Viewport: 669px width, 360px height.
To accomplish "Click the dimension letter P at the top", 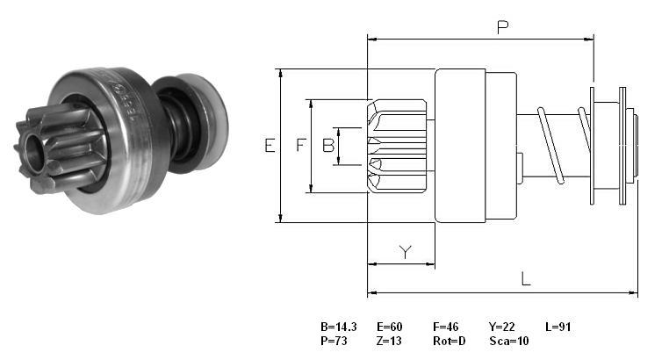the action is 503,27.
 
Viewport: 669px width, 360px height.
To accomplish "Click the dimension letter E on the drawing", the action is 270,146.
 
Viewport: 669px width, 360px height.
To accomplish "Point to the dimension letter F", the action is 301,145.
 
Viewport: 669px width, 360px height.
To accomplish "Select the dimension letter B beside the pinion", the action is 328,146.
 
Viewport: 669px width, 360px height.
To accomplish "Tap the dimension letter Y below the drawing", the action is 406,252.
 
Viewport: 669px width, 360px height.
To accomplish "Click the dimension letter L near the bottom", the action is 526,279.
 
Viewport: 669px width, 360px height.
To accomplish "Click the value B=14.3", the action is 339,328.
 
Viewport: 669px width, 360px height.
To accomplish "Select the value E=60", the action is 390,328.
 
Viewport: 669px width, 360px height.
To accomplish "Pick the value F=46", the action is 446,328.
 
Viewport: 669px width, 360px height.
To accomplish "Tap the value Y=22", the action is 502,328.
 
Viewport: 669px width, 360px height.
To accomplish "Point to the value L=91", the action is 558,328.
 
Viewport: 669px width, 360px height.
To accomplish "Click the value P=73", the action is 334,341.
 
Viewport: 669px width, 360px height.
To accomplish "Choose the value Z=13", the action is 389,341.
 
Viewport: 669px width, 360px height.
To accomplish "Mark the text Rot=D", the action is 450,341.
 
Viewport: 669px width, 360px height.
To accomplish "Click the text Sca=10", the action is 509,341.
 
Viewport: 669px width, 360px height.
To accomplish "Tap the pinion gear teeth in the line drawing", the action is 397,146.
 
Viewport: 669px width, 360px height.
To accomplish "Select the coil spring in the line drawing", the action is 564,145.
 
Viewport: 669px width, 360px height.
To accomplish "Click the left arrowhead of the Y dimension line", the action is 371,264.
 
